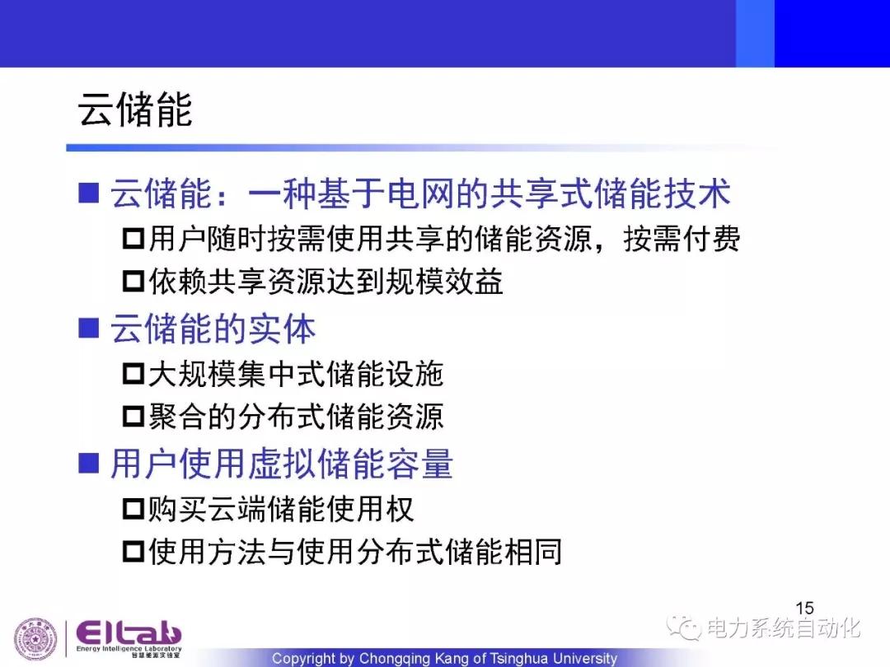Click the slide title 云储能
135,109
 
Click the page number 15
804,608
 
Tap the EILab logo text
129,632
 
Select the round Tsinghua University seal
35,639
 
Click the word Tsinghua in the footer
519,658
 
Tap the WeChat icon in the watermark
684,627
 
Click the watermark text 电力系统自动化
784,627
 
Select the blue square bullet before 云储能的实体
88,329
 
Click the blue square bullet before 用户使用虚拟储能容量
88,463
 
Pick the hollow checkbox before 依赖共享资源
133,281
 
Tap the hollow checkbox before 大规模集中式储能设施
133,374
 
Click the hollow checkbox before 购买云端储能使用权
133,508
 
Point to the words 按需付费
682,238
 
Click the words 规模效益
444,281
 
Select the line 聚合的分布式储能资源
296,417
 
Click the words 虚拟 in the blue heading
283,463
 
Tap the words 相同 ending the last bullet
533,551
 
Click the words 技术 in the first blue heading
696,193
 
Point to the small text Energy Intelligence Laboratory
129,648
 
